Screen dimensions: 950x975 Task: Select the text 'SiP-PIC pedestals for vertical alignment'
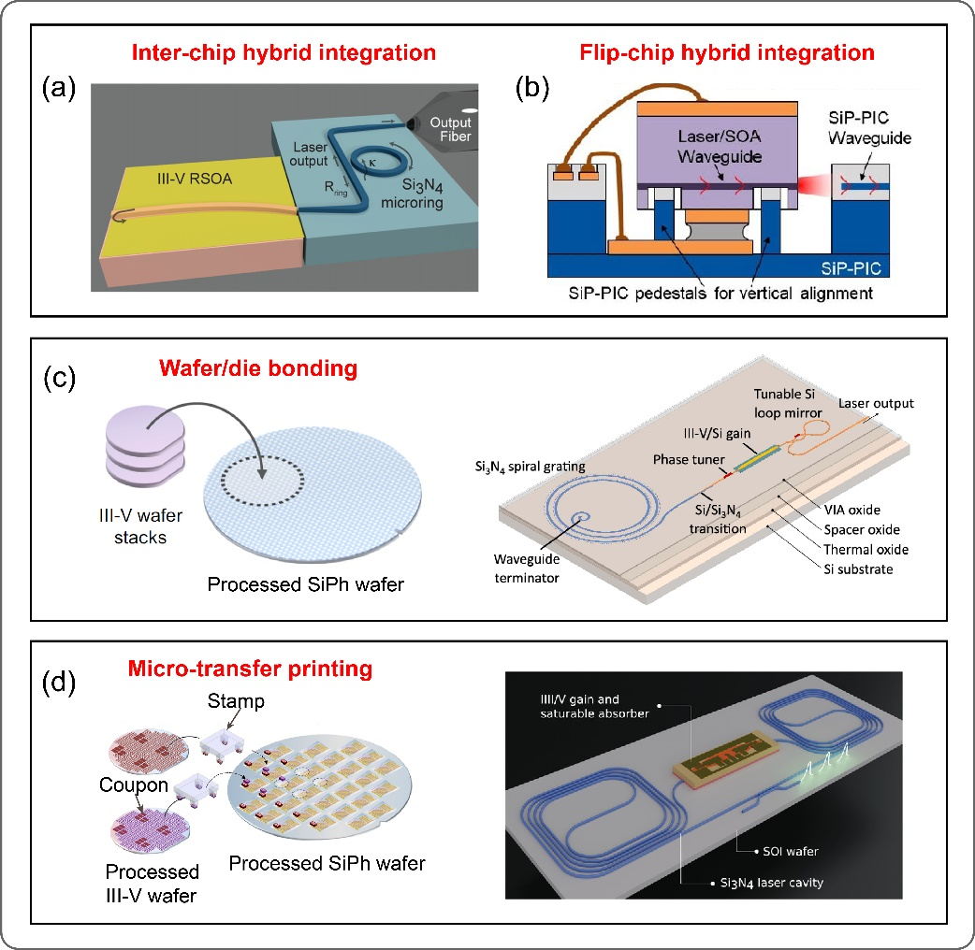(721, 293)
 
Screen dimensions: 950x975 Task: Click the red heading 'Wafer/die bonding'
(282, 368)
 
